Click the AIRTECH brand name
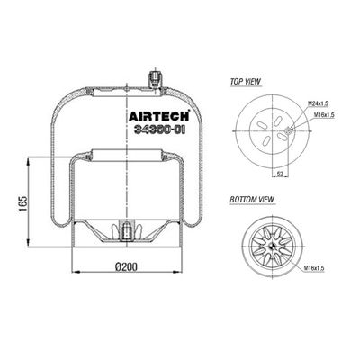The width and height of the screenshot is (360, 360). [159, 116]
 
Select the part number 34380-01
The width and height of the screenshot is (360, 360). [159, 130]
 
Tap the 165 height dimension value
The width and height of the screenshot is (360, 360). [23, 204]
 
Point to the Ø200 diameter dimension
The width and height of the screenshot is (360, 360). [126, 266]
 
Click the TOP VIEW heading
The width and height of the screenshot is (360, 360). [246, 82]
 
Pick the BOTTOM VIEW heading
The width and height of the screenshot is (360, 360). [252, 200]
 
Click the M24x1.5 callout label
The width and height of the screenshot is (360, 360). [318, 103]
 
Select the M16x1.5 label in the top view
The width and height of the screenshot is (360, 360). [324, 114]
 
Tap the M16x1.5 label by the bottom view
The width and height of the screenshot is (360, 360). [314, 268]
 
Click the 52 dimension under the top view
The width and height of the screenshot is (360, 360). [280, 174]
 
